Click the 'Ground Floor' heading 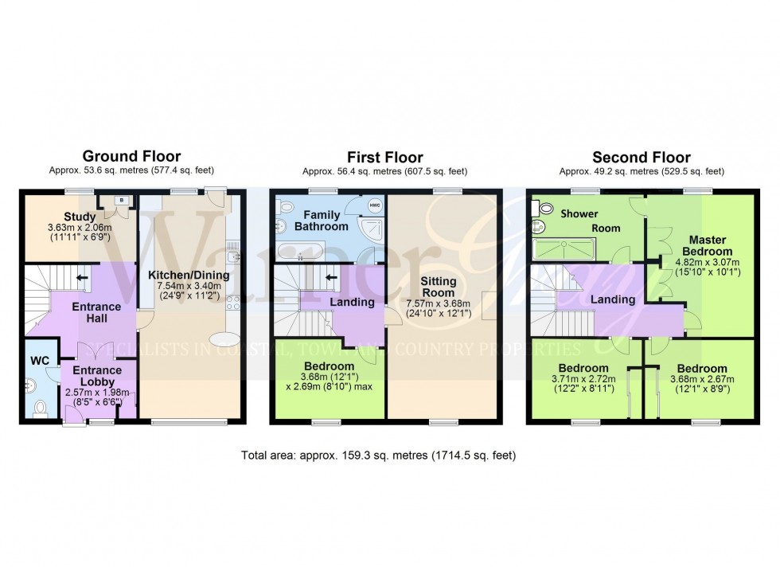click(x=131, y=156)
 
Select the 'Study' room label click(x=80, y=216)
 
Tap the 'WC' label click(x=40, y=361)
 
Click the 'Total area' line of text click(x=379, y=456)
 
